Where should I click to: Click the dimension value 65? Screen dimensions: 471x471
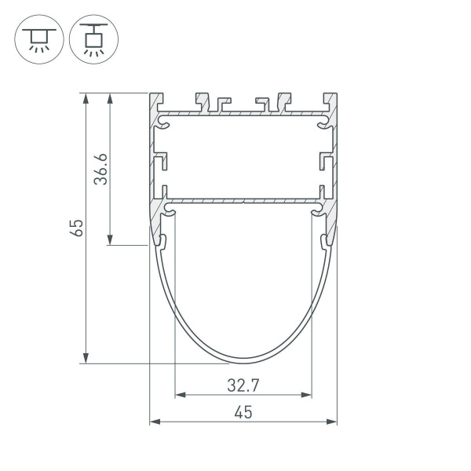pyautogui.click(x=76, y=228)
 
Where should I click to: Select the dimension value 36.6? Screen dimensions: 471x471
pyautogui.click(x=100, y=169)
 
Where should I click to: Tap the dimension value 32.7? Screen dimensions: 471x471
pyautogui.click(x=243, y=385)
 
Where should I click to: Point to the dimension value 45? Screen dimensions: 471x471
pyautogui.click(x=243, y=413)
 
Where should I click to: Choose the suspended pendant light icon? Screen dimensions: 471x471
pyautogui.click(x=93, y=38)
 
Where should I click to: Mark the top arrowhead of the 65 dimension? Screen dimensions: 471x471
pyautogui.click(x=85, y=97)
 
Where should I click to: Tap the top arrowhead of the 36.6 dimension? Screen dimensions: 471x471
pyautogui.click(x=110, y=97)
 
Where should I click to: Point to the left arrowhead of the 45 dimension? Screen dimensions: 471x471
pyautogui.click(x=154, y=422)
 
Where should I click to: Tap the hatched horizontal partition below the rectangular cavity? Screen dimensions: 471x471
pyautogui.click(x=243, y=202)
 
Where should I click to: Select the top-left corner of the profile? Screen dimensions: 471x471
pyautogui.click(x=150, y=93)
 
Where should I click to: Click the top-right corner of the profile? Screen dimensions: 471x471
pyautogui.click(x=337, y=93)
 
